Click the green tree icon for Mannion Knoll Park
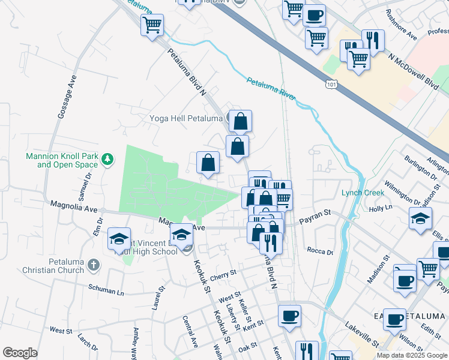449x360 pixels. click(x=107, y=159)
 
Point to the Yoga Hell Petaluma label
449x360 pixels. click(x=185, y=118)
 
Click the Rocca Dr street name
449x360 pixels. click(x=319, y=251)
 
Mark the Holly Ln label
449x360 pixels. click(x=380, y=208)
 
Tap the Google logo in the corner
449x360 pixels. click(x=20, y=353)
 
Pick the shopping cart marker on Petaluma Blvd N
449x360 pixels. click(x=152, y=26)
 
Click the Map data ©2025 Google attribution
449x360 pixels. click(x=412, y=355)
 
